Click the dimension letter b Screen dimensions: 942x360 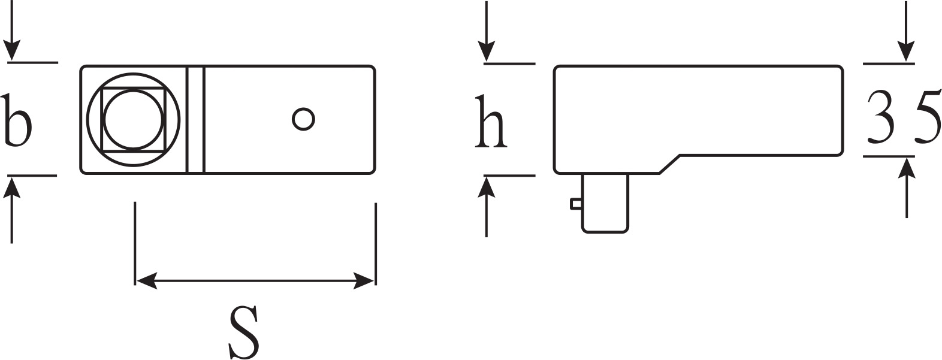click(x=16, y=121)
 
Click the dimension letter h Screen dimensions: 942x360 click(x=491, y=122)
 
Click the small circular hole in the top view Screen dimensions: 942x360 click(x=303, y=119)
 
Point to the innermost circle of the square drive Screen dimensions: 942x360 click(x=133, y=119)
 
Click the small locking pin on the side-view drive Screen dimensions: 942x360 click(x=576, y=204)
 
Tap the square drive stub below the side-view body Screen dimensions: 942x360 click(x=605, y=203)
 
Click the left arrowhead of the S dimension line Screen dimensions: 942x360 click(x=146, y=280)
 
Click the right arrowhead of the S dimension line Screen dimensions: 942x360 click(x=364, y=280)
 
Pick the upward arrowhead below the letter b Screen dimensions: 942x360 click(x=11, y=187)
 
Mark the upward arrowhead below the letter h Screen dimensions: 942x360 click(x=487, y=187)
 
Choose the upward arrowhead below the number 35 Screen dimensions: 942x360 click(x=906, y=169)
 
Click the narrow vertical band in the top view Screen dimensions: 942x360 click(x=195, y=119)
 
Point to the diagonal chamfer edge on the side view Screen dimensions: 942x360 click(x=670, y=164)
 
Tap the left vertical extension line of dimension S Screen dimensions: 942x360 click(x=135, y=244)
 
